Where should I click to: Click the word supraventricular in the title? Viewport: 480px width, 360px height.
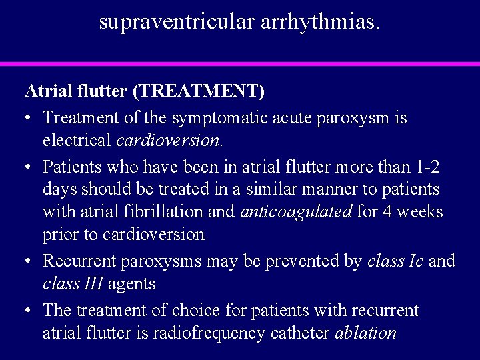point(171,21)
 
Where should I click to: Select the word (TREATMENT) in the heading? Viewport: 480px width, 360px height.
point(211,89)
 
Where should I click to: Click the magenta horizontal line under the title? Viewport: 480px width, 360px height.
point(240,64)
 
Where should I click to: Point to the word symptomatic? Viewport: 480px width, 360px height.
point(213,118)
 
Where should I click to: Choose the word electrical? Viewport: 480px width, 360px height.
point(77,141)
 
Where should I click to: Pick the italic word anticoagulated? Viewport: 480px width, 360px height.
point(296,212)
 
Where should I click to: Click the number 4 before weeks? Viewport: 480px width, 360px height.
point(388,212)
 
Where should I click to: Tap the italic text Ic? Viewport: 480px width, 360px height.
point(415,261)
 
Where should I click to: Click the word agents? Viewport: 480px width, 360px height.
point(132,284)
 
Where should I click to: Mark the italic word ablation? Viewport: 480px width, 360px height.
point(367,333)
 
